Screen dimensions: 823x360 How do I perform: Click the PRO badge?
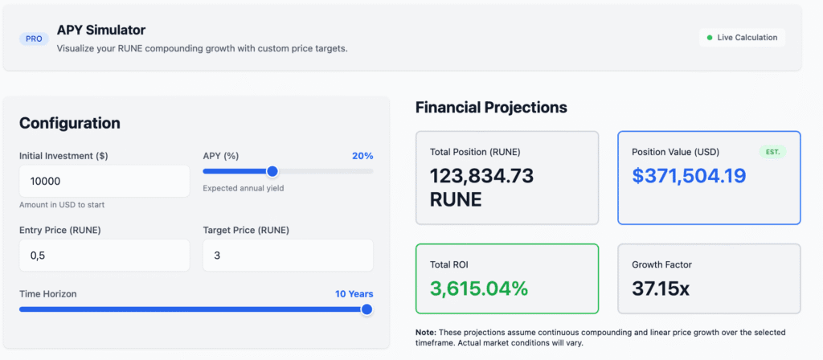[34, 39]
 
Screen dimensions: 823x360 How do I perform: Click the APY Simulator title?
[101, 30]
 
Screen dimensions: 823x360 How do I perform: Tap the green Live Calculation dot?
[710, 38]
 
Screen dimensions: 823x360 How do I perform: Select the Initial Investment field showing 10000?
[104, 182]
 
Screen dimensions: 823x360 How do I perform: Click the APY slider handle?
[272, 171]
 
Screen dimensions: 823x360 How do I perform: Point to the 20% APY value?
[362, 156]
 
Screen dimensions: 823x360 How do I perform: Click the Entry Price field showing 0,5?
[104, 256]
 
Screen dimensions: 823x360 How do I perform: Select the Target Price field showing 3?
[289, 256]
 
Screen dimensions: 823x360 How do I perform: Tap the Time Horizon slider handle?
[366, 309]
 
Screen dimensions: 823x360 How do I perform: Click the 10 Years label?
[354, 294]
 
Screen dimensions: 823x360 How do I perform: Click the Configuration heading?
[70, 123]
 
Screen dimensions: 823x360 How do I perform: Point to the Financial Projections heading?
[491, 108]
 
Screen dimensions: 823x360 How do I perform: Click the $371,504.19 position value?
[689, 176]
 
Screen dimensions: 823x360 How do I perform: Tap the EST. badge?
[772, 152]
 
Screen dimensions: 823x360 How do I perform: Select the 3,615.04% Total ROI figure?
[479, 288]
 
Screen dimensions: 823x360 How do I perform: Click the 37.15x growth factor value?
[661, 288]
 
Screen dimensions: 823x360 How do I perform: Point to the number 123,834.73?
[482, 176]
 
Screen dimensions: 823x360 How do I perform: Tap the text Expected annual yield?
[244, 188]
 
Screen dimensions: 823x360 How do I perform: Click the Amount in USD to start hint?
[62, 205]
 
